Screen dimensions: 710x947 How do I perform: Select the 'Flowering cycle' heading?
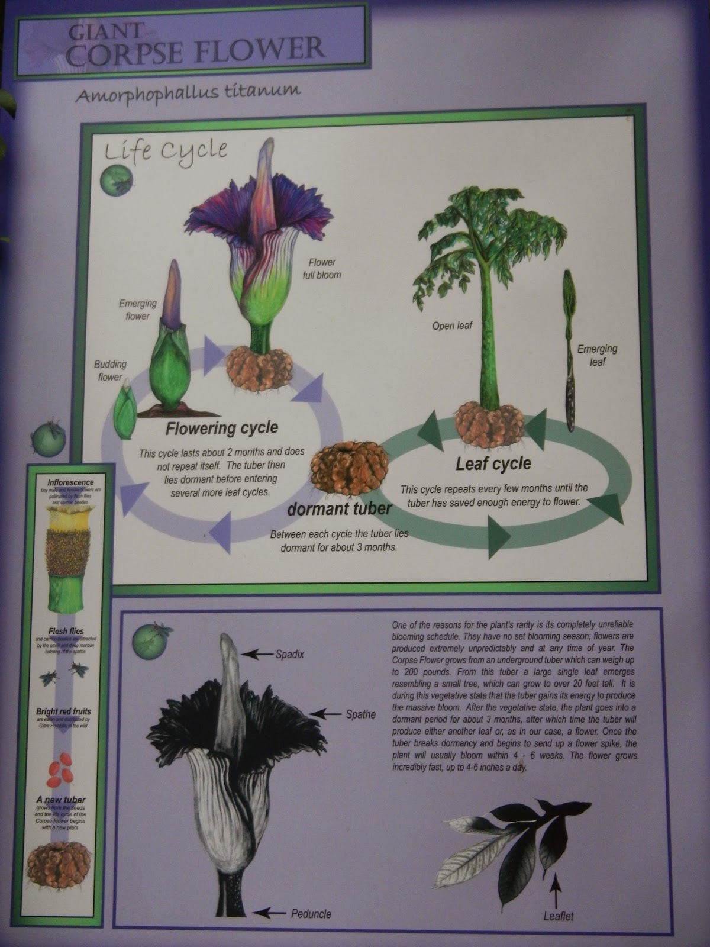click(x=221, y=428)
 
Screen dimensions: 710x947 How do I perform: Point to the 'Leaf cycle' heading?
click(x=493, y=464)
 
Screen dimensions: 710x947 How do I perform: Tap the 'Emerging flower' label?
click(x=138, y=310)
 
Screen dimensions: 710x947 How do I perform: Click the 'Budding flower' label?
click(x=110, y=371)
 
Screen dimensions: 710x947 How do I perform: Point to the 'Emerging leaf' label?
click(x=597, y=355)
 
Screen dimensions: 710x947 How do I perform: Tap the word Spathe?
click(x=360, y=714)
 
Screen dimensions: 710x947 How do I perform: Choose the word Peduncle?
click(x=311, y=914)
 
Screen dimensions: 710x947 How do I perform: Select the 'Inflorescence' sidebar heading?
click(x=66, y=475)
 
